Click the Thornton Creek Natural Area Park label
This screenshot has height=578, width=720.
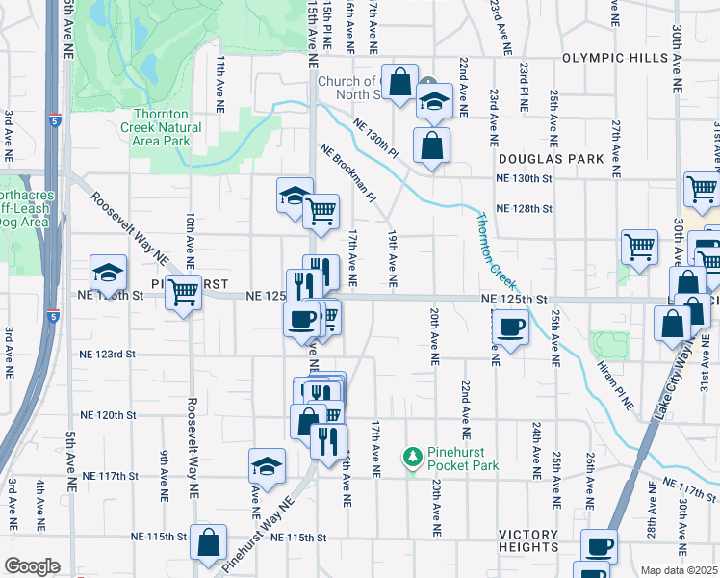161,127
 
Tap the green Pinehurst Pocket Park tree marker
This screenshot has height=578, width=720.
412,454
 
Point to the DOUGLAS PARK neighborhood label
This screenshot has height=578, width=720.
551,157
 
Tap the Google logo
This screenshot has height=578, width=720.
31,566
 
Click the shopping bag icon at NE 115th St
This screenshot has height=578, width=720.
208,541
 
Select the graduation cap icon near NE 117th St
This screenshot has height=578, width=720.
267,466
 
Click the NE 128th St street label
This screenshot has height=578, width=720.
524,208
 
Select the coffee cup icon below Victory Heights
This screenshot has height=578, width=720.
599,546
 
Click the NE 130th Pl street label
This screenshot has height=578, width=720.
375,138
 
